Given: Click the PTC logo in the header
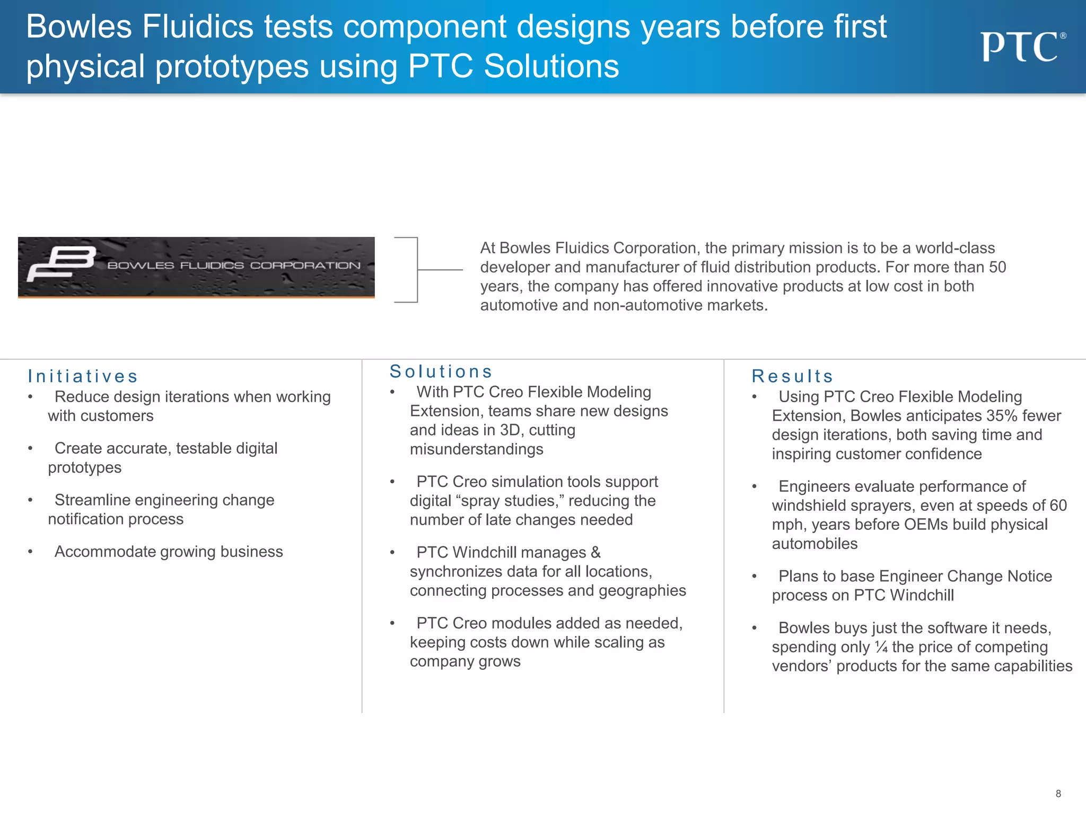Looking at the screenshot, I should [x=1022, y=47].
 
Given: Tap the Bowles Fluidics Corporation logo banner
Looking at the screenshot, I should [x=196, y=267].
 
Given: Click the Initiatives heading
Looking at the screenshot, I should [x=83, y=376].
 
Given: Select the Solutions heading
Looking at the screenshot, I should [x=441, y=371].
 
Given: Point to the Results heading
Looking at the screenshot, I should [x=792, y=376].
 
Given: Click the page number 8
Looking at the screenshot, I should [x=1058, y=793].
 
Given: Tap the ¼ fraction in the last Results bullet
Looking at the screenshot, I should [x=881, y=647].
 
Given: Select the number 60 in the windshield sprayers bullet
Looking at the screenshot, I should [x=1058, y=506].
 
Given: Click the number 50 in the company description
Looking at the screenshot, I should [x=997, y=267].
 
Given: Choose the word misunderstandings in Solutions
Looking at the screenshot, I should [x=476, y=449].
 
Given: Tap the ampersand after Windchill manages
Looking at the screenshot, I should [x=595, y=553].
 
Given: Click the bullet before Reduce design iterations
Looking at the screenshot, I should [x=31, y=397].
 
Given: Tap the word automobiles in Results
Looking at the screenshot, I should [x=814, y=544].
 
